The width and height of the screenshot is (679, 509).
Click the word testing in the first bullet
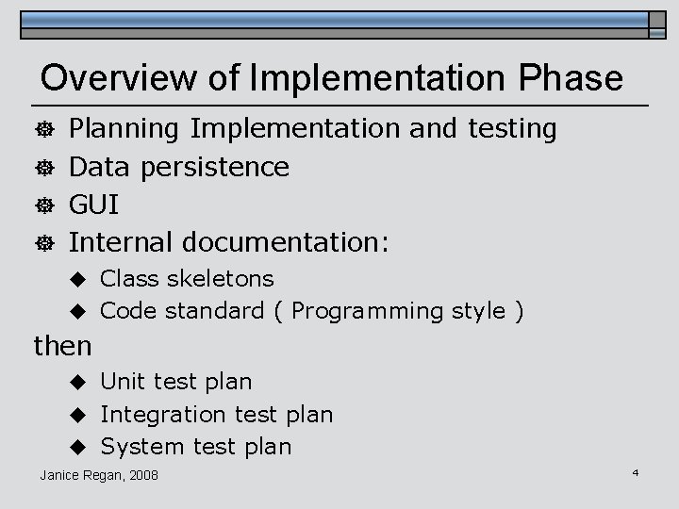(513, 128)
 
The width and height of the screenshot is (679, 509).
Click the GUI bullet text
(94, 205)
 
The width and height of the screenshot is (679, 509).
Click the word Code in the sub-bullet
(126, 310)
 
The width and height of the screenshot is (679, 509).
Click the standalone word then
(62, 346)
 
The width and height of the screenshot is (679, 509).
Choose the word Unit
(122, 382)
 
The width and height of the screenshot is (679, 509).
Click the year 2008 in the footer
(142, 474)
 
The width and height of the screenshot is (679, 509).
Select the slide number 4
(636, 470)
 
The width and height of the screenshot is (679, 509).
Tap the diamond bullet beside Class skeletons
(81, 279)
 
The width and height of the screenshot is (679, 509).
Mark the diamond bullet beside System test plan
(81, 446)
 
